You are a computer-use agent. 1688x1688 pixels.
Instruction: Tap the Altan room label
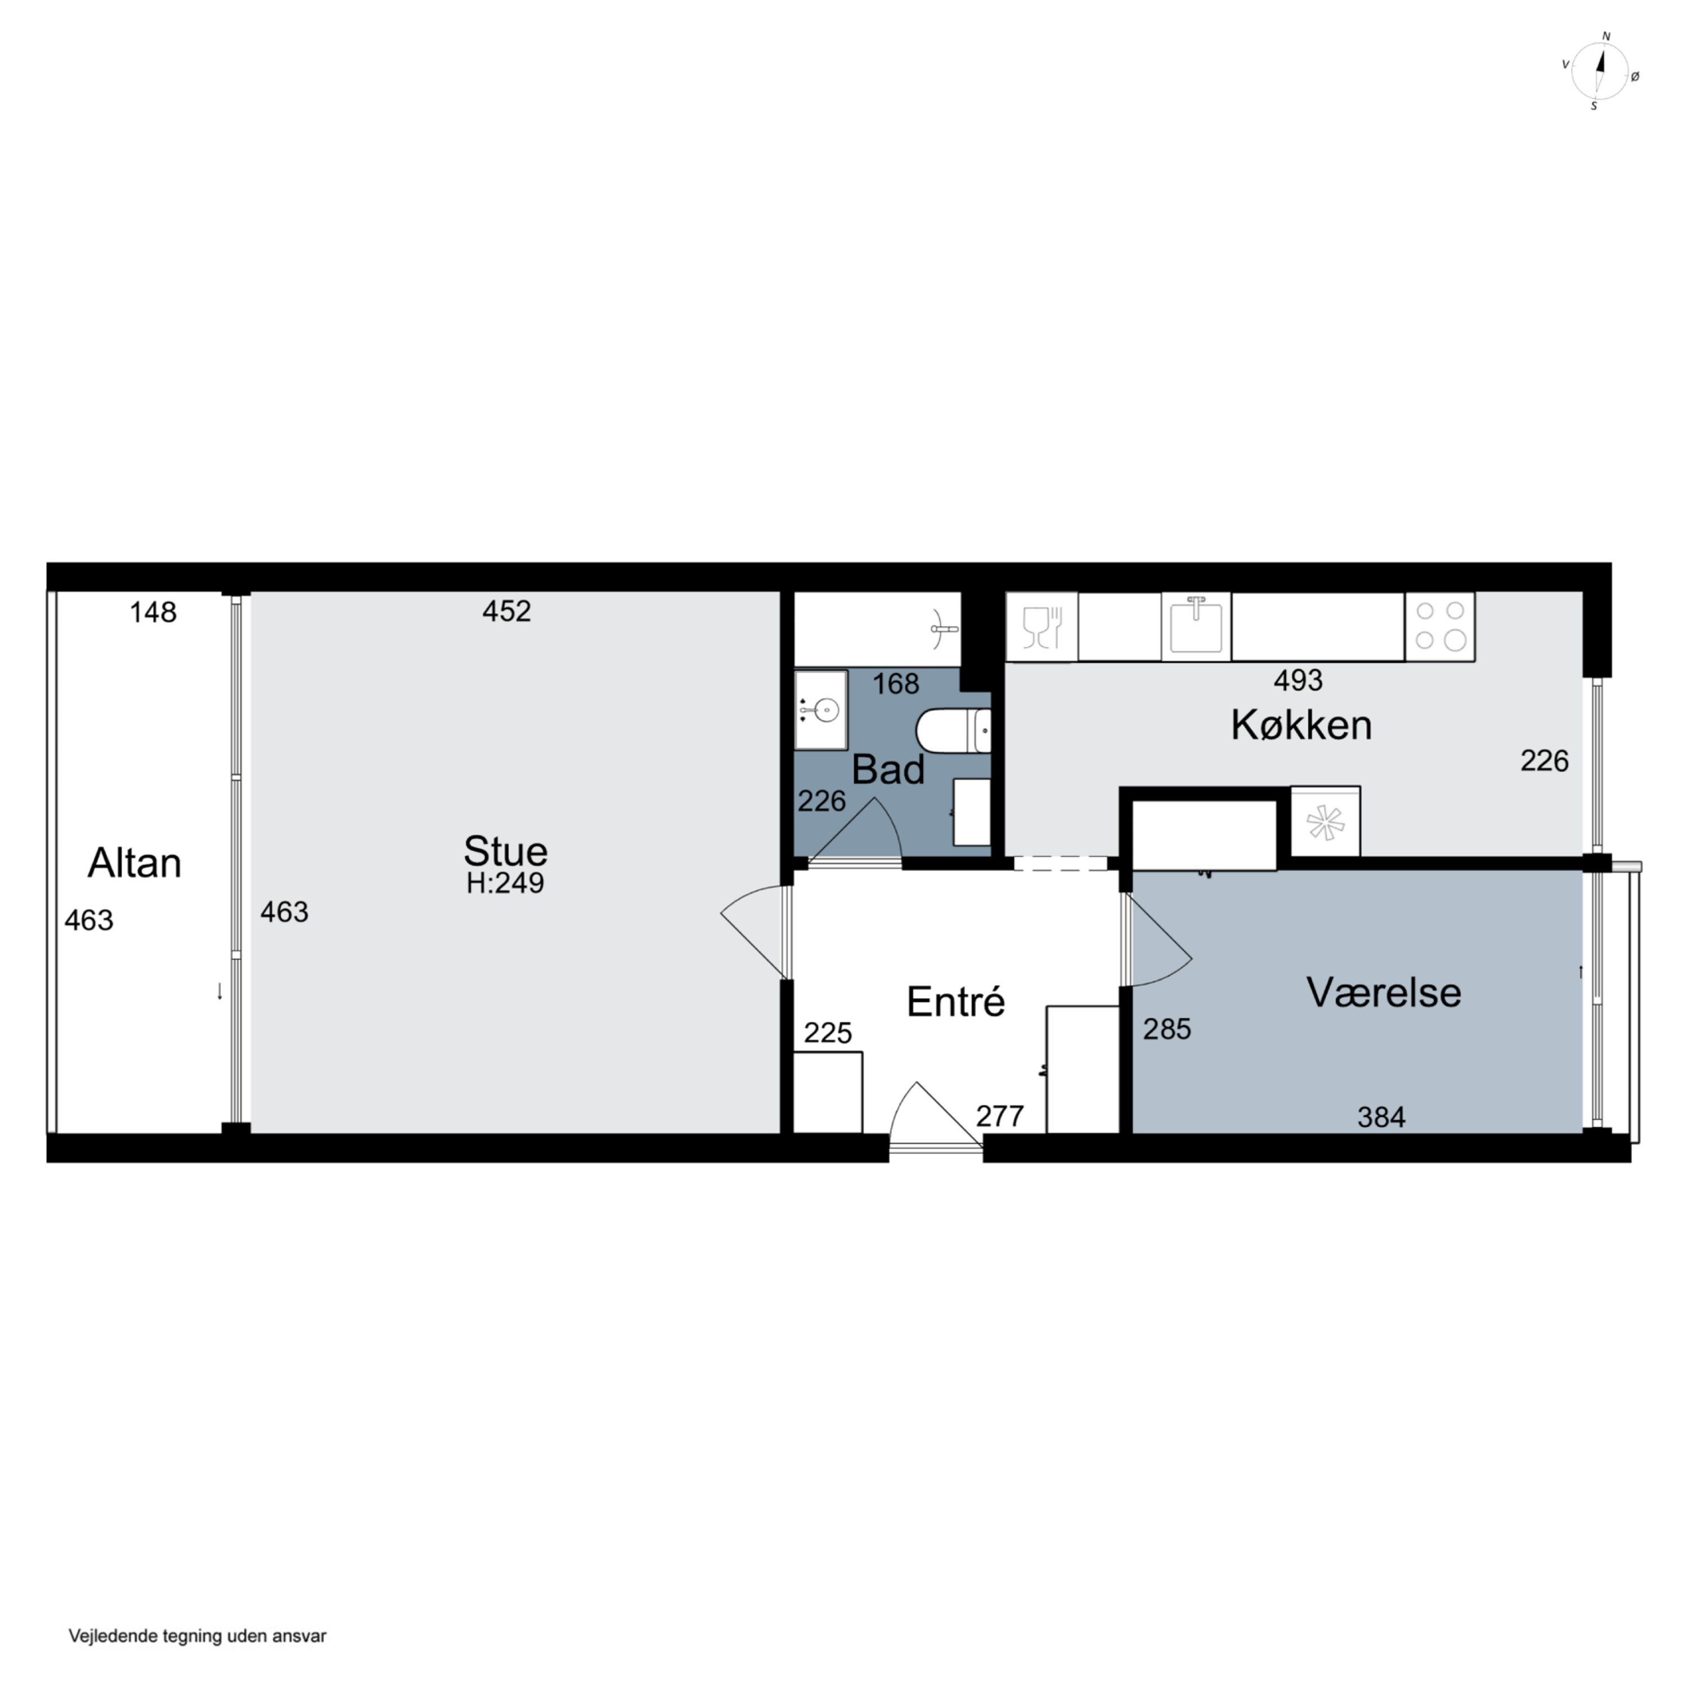(x=134, y=863)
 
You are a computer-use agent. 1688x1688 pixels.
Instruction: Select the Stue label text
(x=506, y=851)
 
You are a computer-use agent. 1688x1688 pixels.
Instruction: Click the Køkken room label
(x=1301, y=725)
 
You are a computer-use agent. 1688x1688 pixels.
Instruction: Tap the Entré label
(x=956, y=1002)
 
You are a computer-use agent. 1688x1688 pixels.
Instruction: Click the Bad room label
(x=888, y=770)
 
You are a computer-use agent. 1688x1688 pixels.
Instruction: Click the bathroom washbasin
(x=820, y=710)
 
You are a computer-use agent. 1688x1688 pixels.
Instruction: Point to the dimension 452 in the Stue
(x=507, y=610)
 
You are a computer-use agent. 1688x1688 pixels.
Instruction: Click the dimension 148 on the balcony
(x=153, y=613)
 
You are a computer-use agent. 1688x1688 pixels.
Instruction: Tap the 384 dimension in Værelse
(x=1381, y=1116)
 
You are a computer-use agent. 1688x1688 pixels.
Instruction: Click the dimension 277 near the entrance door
(x=999, y=1116)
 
